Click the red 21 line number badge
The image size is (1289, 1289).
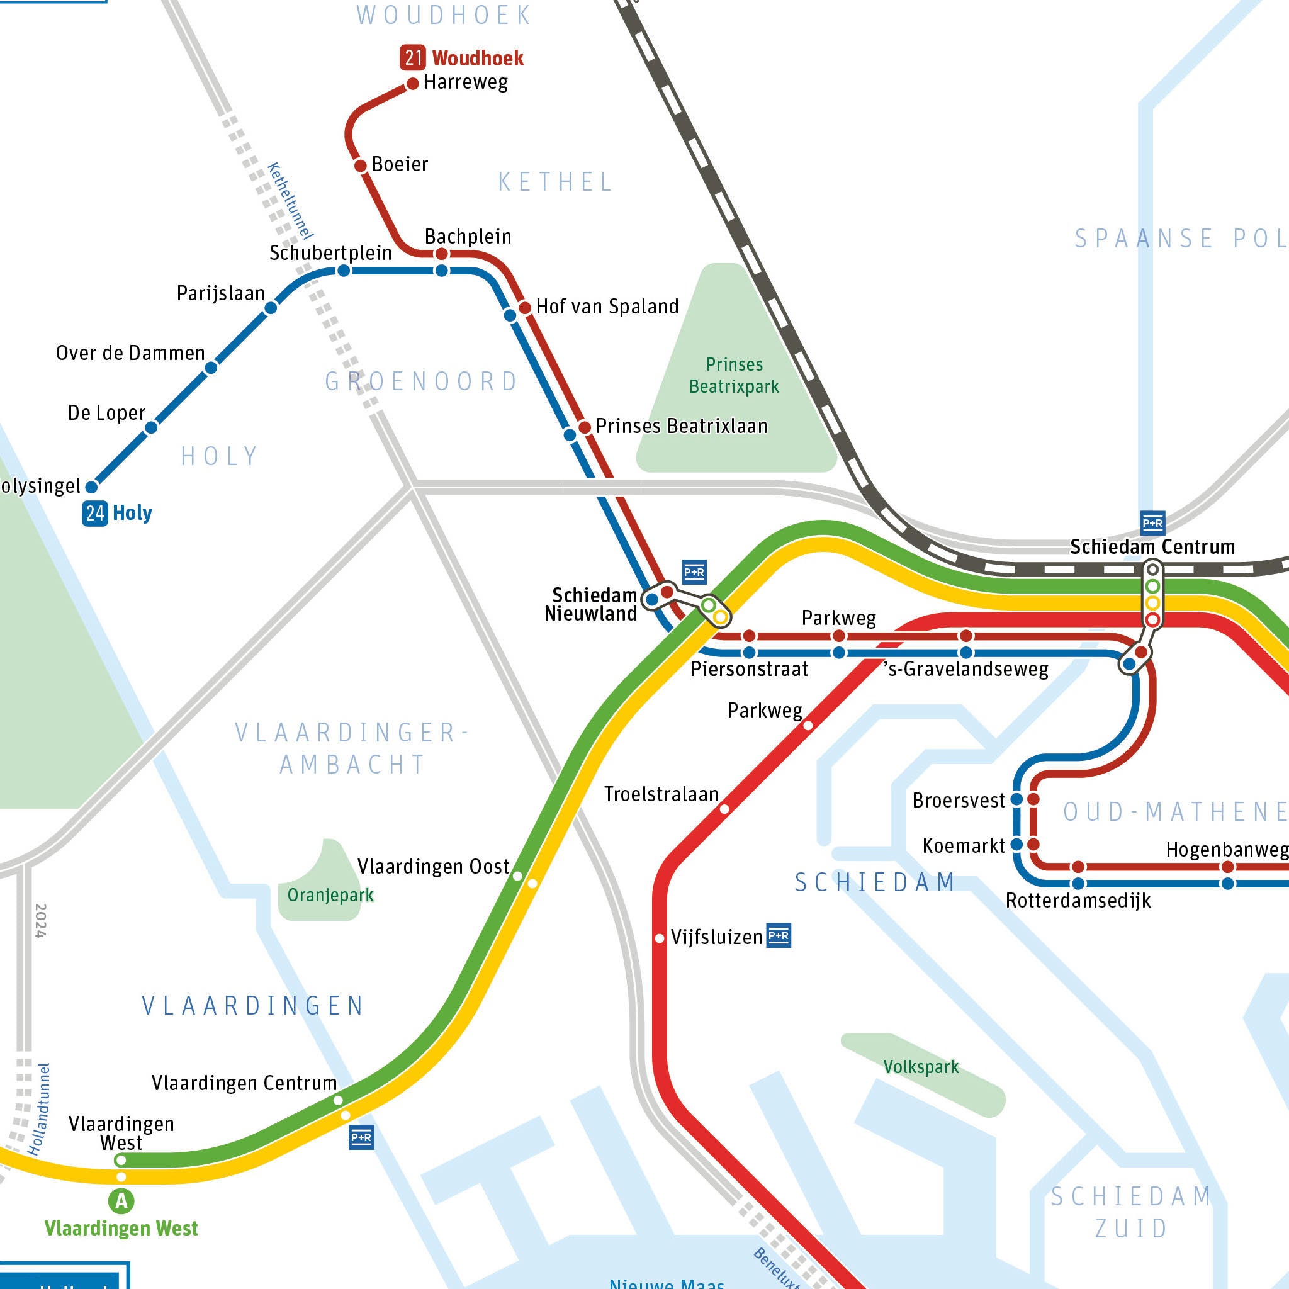tap(412, 57)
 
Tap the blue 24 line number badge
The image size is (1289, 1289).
tap(94, 513)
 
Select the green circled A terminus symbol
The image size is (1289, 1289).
tap(121, 1201)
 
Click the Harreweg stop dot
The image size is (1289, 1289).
tap(412, 84)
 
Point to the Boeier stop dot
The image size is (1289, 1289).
tap(360, 166)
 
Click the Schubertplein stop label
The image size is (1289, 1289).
tap(330, 253)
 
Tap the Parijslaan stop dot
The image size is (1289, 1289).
tap(271, 308)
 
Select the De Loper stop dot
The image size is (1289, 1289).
tap(152, 427)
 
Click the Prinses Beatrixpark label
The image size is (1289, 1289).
tap(734, 375)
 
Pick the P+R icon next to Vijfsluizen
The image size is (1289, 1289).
tap(779, 935)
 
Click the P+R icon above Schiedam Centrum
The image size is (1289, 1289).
tap(1152, 522)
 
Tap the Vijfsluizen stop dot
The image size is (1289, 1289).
tap(659, 938)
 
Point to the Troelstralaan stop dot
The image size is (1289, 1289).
tap(724, 809)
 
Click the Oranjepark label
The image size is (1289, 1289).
tap(330, 895)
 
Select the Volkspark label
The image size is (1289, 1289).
tap(921, 1066)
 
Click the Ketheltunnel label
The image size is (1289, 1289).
tap(290, 201)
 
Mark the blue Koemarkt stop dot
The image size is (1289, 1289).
tap(1017, 845)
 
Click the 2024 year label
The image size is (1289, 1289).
tap(40, 921)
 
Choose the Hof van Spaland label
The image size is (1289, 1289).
tap(607, 307)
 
